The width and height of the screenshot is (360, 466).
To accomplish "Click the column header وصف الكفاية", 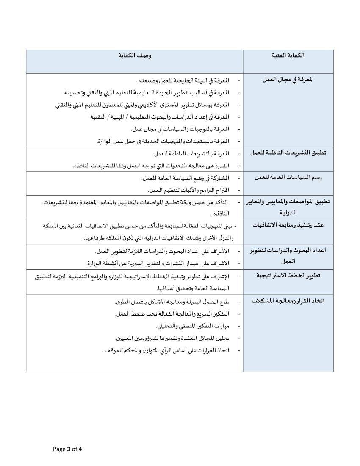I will click(x=135, y=55).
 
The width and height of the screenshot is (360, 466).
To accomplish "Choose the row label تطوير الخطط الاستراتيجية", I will click(x=288, y=275).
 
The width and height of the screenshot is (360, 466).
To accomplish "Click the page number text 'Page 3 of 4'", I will click(x=67, y=449).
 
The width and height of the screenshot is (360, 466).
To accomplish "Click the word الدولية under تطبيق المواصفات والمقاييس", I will click(x=288, y=212).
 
